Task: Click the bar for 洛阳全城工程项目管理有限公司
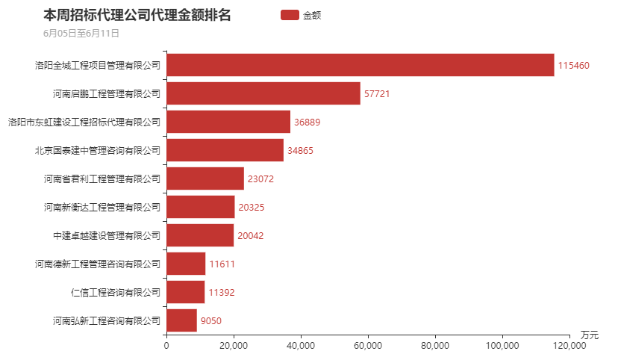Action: (x=360, y=65)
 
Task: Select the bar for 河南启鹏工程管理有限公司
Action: (x=263, y=93)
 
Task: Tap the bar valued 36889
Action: (x=228, y=122)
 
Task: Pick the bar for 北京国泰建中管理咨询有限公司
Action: (x=225, y=150)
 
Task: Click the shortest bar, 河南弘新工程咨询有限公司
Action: (x=181, y=320)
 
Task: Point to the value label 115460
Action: (x=574, y=66)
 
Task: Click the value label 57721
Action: (x=377, y=94)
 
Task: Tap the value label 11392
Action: (x=221, y=293)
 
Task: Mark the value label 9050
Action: (x=211, y=321)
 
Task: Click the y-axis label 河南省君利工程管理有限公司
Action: (x=102, y=179)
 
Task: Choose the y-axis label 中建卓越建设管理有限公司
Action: (x=107, y=235)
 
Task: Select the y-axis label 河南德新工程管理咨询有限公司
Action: (x=98, y=264)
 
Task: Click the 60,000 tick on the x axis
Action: (x=368, y=345)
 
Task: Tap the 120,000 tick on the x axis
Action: (x=569, y=345)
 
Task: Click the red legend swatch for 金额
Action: (x=290, y=15)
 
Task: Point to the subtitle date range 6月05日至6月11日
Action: (x=81, y=33)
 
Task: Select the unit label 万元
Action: (x=590, y=334)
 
